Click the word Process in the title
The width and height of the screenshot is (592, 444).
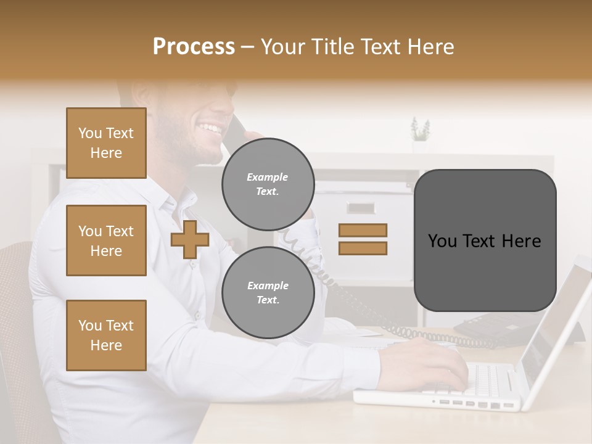point(194,47)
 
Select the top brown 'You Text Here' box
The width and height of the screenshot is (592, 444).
point(106,143)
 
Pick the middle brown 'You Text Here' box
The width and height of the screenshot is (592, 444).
point(106,240)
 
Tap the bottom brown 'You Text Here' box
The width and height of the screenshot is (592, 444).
point(106,335)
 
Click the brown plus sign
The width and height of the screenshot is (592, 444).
point(190,239)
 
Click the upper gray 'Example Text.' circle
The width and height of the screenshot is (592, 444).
point(268,184)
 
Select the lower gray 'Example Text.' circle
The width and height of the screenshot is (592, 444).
point(268,293)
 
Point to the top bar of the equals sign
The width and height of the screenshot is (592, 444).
point(363,231)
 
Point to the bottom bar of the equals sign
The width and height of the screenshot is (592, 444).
point(363,248)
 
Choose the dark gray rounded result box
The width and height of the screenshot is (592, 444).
point(485,240)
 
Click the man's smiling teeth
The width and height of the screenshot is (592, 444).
point(209,129)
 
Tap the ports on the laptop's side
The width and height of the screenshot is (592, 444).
point(475,404)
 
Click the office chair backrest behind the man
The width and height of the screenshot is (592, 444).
point(15,321)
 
